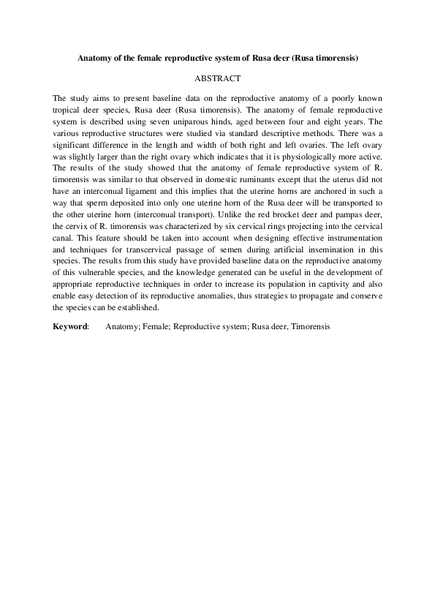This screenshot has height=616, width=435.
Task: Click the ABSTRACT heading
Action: coord(217,77)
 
